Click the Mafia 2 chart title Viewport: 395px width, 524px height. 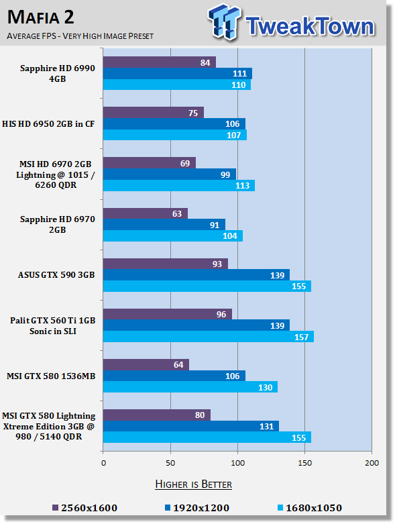click(x=40, y=17)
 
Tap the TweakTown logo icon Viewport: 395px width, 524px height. click(x=225, y=21)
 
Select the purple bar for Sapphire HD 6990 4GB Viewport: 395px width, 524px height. click(x=159, y=62)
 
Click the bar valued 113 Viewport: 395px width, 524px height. click(x=179, y=185)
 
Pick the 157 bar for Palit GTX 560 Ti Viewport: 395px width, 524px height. click(x=209, y=337)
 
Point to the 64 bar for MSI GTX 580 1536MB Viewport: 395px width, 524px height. click(x=146, y=364)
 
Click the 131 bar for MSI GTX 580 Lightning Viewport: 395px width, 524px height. click(x=191, y=426)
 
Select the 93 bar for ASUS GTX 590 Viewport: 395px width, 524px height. click(x=166, y=264)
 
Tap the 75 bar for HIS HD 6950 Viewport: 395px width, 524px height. click(x=154, y=113)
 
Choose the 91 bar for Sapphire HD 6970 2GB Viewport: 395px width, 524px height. click(x=164, y=225)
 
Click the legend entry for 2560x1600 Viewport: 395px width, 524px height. click(x=84, y=508)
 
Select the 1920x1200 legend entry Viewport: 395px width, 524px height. click(x=197, y=508)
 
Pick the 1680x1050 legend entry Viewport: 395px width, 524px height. click(x=310, y=508)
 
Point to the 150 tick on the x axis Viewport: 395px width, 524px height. click(x=305, y=463)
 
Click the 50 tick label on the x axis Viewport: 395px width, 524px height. click(x=170, y=463)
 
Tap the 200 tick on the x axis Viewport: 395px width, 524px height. click(x=372, y=463)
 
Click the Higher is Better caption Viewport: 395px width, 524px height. click(x=194, y=484)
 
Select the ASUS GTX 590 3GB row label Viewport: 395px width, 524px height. click(x=56, y=274)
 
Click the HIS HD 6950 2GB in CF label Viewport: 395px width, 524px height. click(x=48, y=124)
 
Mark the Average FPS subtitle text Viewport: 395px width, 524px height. click(x=80, y=36)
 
